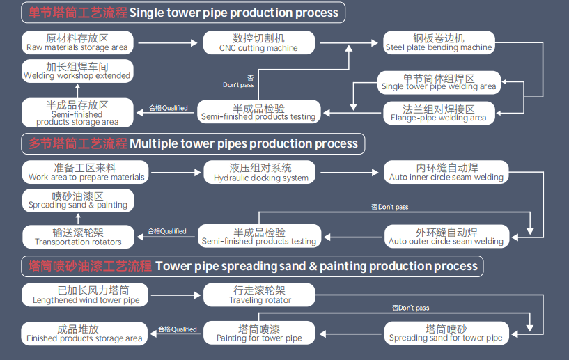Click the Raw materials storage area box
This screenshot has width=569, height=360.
point(77,42)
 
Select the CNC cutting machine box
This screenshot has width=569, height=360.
point(258,42)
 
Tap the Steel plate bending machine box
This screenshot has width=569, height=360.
point(439,42)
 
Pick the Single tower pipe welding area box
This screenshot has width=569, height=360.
point(439,82)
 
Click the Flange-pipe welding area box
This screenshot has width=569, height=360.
point(439,113)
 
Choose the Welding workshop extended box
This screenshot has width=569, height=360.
point(77,70)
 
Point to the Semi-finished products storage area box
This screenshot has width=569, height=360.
point(77,113)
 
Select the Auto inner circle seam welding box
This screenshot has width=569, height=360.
point(446,172)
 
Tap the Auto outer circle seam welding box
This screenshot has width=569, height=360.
point(446,237)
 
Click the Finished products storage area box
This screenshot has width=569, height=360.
point(84,334)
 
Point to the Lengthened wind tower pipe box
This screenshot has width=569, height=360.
point(84,295)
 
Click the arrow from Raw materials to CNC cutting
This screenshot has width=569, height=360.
point(167,42)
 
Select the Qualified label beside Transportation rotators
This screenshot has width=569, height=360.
point(166,231)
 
